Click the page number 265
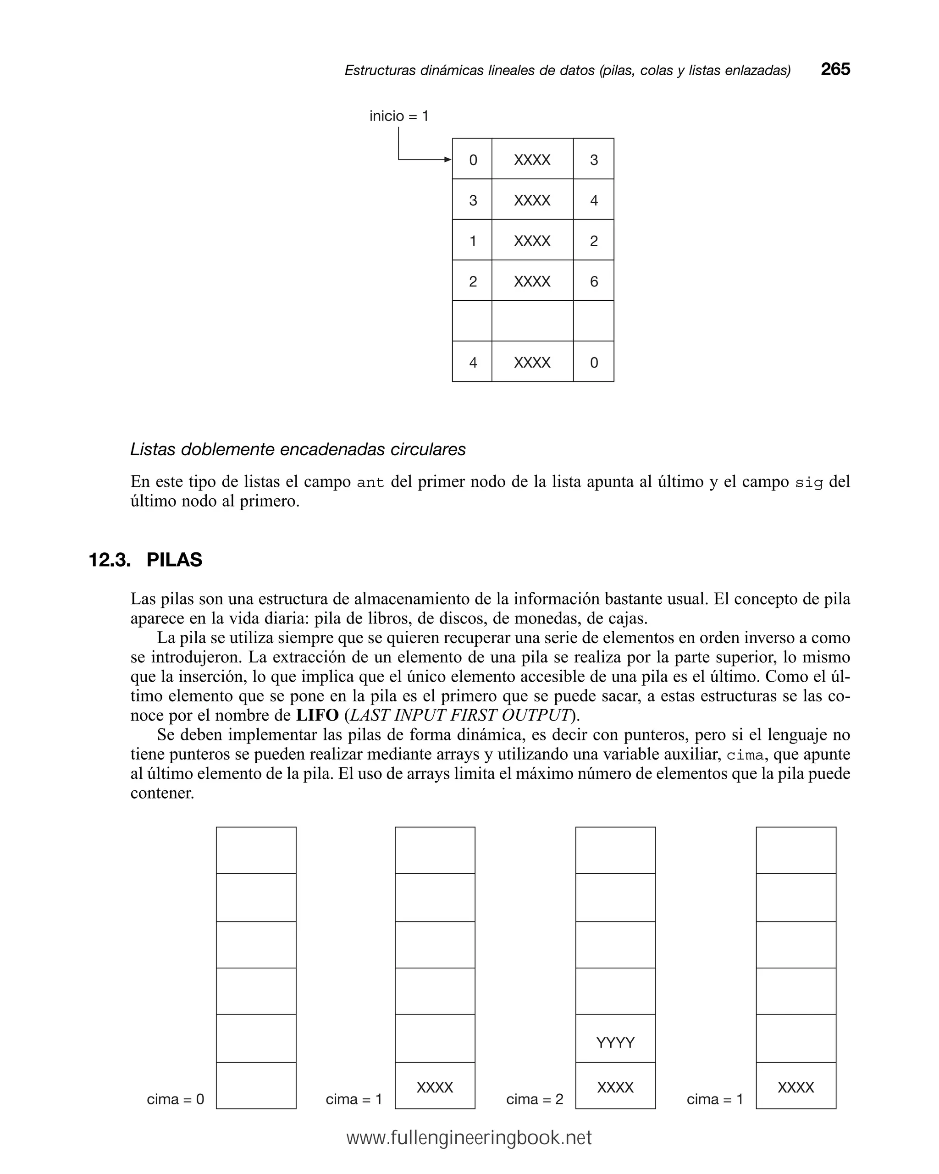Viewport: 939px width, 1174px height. [x=834, y=69]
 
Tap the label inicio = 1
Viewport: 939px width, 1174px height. [x=399, y=116]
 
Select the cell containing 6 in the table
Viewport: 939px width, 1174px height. [x=593, y=281]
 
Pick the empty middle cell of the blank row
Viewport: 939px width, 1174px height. [x=532, y=321]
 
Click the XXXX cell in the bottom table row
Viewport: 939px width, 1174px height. [x=532, y=362]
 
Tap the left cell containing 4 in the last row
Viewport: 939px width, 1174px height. [x=472, y=362]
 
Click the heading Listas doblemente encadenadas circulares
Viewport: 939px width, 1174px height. [x=298, y=449]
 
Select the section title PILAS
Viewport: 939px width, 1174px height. [x=174, y=560]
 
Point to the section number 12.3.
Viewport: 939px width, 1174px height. [x=110, y=560]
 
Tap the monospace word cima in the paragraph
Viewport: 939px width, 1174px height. [x=745, y=755]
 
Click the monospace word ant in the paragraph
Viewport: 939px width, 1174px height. [x=370, y=482]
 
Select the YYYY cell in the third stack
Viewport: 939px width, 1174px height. [x=615, y=1043]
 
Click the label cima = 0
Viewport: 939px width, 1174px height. [x=176, y=1099]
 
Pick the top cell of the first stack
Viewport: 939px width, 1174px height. [x=256, y=850]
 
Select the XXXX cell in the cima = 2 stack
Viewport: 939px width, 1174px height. [x=615, y=1087]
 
